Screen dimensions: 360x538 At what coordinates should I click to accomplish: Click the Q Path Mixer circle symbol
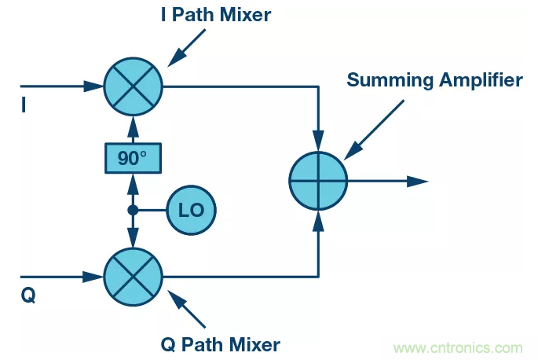point(133,276)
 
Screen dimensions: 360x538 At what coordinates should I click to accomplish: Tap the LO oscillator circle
point(191,210)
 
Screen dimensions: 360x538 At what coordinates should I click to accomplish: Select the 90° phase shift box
point(133,158)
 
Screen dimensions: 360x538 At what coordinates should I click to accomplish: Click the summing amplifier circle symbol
point(318,181)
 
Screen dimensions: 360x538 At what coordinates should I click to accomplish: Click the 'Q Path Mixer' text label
point(221,343)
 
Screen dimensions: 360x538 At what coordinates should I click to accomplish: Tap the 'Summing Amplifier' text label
point(434,79)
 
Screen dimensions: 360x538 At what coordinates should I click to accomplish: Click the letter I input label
point(24,105)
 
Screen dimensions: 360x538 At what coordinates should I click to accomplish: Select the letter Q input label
point(26,296)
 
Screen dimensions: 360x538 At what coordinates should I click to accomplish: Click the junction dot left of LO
point(133,210)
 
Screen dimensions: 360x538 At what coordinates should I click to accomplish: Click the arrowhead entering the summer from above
point(318,142)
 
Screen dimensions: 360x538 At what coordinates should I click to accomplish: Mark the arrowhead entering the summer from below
point(318,219)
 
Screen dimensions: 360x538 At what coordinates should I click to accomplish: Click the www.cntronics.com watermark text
point(459,347)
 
